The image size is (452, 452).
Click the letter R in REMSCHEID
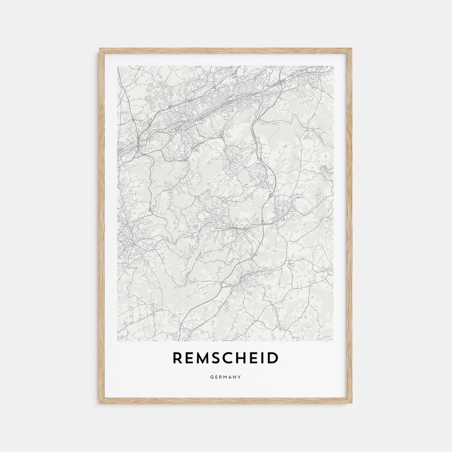178,358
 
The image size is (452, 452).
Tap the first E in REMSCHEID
190,358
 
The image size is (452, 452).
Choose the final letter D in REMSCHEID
272,358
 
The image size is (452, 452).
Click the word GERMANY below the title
226,377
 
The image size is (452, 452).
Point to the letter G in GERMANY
212,377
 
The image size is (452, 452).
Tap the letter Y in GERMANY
239,377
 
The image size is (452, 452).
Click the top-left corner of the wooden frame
100,49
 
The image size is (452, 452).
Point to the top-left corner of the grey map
118,66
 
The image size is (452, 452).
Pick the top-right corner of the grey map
334,66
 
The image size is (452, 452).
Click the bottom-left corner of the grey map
118,341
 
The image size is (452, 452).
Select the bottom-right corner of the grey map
334,341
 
